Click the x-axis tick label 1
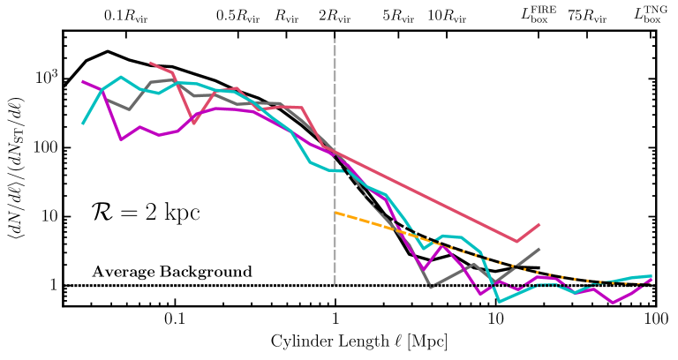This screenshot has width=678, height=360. click(x=335, y=318)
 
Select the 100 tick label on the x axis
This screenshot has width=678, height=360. click(x=654, y=318)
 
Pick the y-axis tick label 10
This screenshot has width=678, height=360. click(x=46, y=216)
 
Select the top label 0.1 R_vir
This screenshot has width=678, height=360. click(x=124, y=15)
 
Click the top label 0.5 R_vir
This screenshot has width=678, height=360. click(x=237, y=15)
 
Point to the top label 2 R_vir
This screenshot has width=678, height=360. click(x=335, y=15)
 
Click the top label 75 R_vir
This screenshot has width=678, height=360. click(x=587, y=15)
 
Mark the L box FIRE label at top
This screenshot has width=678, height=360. click(x=539, y=13)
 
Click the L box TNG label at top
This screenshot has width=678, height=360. click(x=652, y=13)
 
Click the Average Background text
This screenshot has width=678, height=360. click(x=172, y=271)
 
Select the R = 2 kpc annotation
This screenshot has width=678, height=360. click(x=145, y=212)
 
